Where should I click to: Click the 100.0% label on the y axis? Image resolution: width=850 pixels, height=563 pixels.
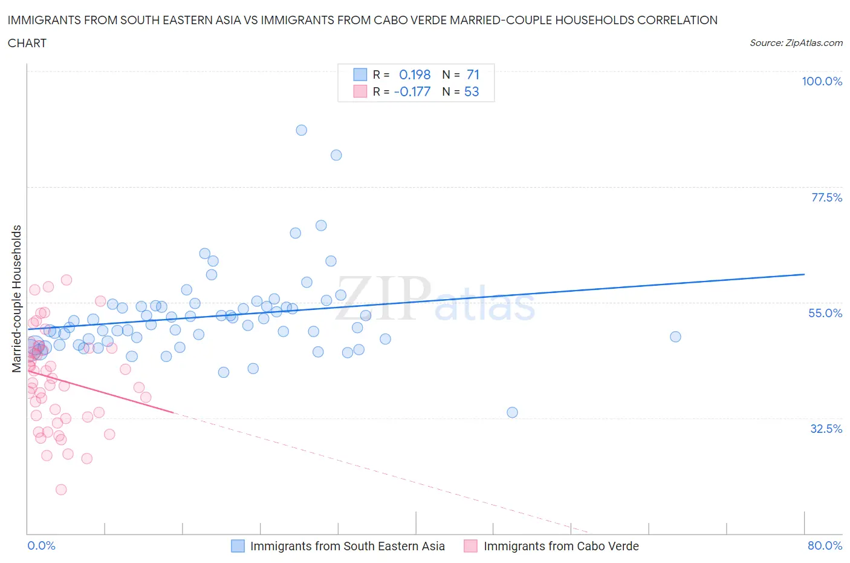pyautogui.click(x=822, y=81)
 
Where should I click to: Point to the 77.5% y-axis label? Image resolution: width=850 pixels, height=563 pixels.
pyautogui.click(x=826, y=197)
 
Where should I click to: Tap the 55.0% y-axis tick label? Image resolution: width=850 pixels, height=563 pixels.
pyautogui.click(x=825, y=313)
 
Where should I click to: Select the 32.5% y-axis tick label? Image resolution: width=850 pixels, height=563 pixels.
pyautogui.click(x=826, y=429)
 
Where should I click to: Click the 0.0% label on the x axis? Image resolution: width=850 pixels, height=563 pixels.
pyautogui.click(x=41, y=545)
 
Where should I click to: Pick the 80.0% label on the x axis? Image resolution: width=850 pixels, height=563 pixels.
pyautogui.click(x=825, y=545)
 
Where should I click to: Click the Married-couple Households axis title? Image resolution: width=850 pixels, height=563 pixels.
pyautogui.click(x=17, y=298)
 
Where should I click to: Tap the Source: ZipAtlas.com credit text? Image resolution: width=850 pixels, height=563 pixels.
pyautogui.click(x=796, y=43)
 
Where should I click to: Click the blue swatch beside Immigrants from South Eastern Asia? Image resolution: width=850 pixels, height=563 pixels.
pyautogui.click(x=238, y=546)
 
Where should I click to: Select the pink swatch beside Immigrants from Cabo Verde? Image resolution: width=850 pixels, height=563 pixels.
pyautogui.click(x=470, y=546)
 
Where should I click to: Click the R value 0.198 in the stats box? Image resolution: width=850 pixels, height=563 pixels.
pyautogui.click(x=415, y=74)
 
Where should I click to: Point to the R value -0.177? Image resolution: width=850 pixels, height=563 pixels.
pyautogui.click(x=412, y=91)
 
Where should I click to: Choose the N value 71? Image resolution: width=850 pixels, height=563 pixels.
pyautogui.click(x=473, y=74)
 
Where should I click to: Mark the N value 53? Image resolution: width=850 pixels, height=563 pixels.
pyautogui.click(x=472, y=91)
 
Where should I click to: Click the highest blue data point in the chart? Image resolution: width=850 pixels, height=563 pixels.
pyautogui.click(x=301, y=130)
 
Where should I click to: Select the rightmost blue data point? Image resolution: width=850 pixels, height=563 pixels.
pyautogui.click(x=675, y=337)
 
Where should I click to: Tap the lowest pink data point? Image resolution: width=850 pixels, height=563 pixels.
pyautogui.click(x=61, y=489)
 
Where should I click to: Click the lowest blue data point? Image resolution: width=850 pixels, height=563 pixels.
pyautogui.click(x=512, y=412)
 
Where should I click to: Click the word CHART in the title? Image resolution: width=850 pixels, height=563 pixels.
pyautogui.click(x=27, y=43)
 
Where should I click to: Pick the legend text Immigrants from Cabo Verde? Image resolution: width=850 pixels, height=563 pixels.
pyautogui.click(x=561, y=546)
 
